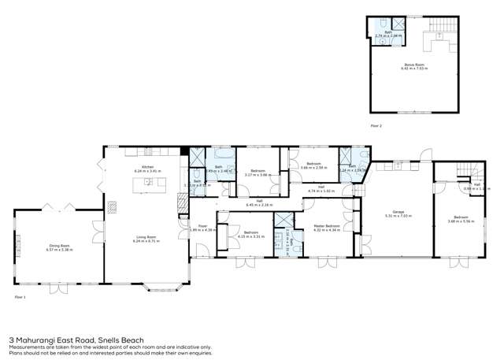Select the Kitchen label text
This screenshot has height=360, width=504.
146,168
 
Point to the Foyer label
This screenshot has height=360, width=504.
191,227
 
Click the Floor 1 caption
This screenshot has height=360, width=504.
20,297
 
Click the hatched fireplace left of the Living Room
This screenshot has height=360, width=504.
113,207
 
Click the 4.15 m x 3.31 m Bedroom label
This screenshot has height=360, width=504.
251,233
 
